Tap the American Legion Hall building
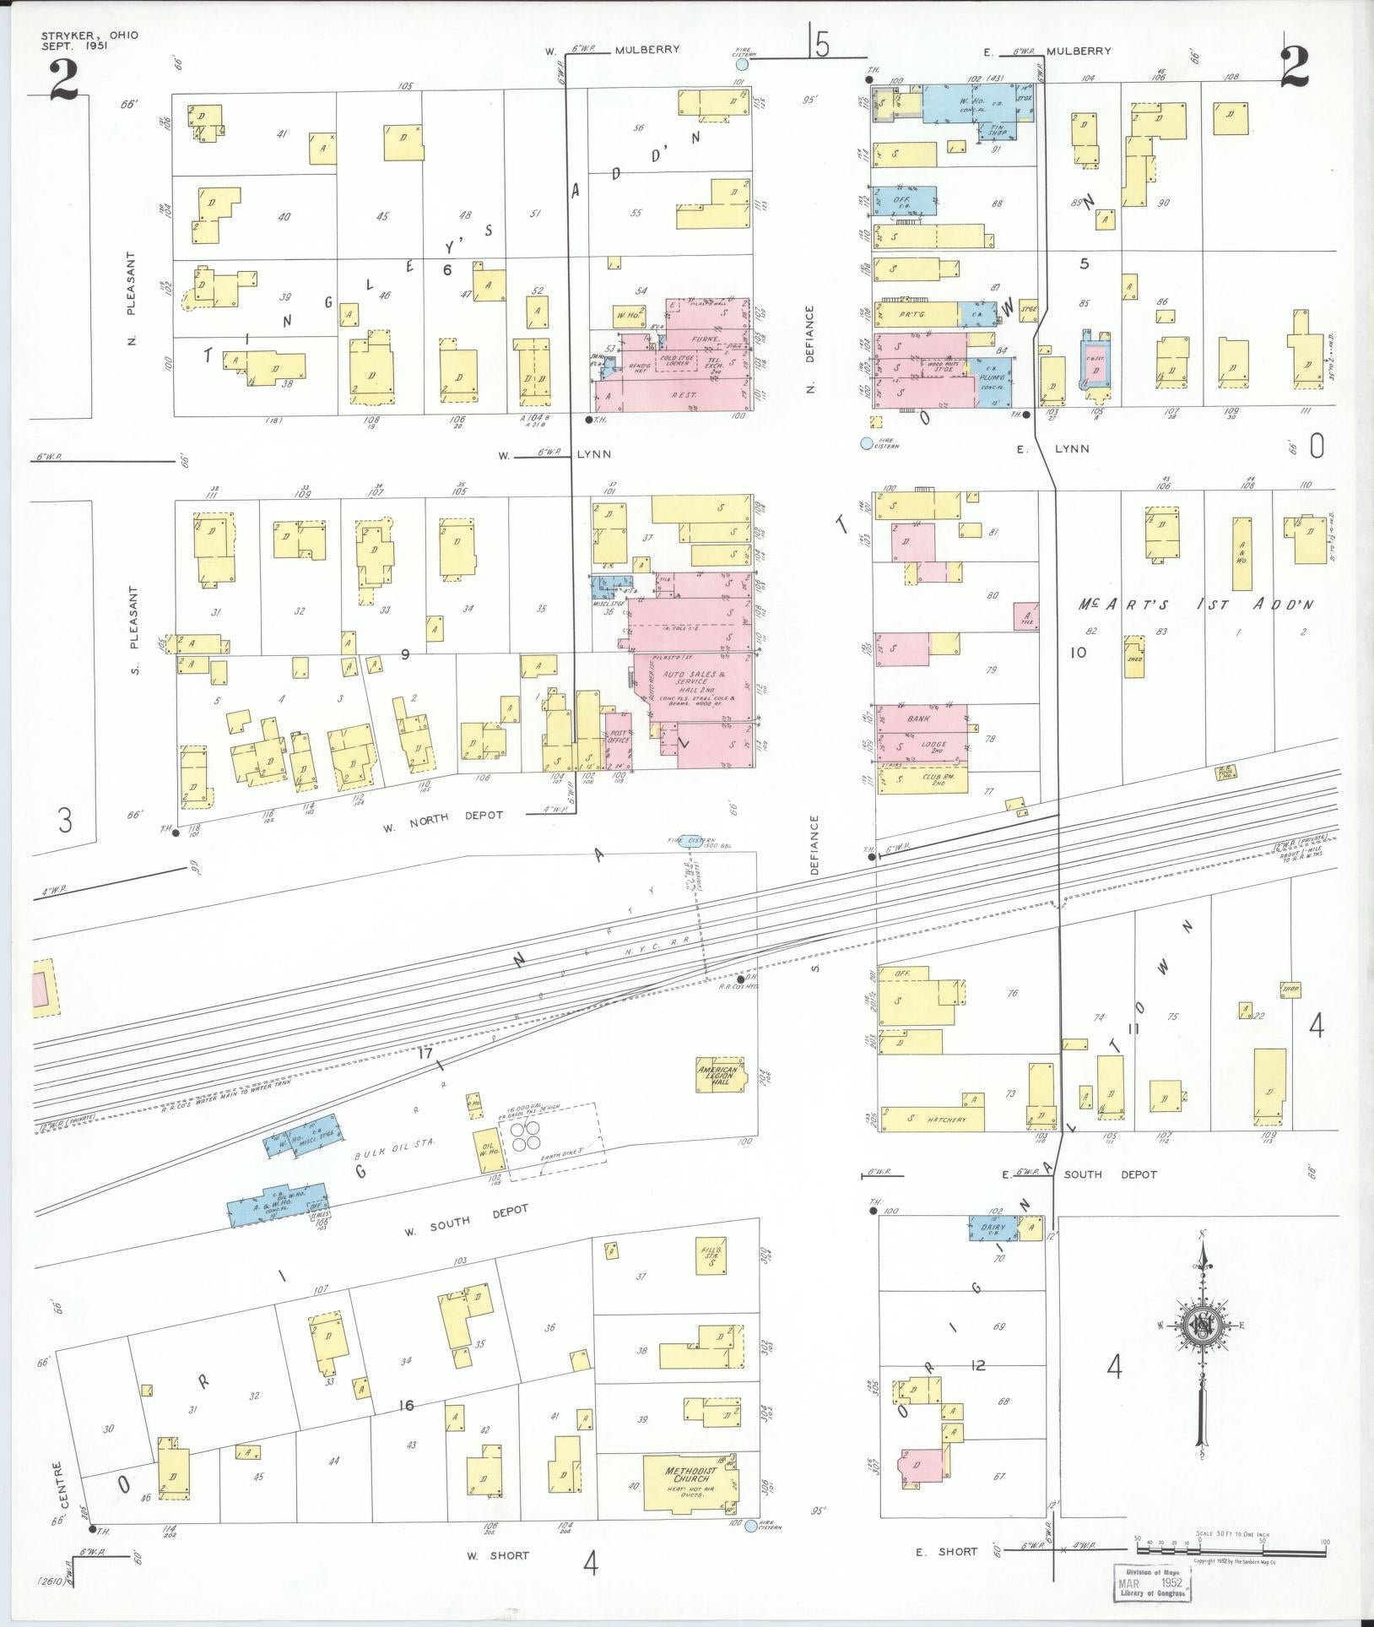717,1074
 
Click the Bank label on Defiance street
917,719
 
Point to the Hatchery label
945,1120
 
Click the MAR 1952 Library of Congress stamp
1153,1586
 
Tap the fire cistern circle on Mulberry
742,64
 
